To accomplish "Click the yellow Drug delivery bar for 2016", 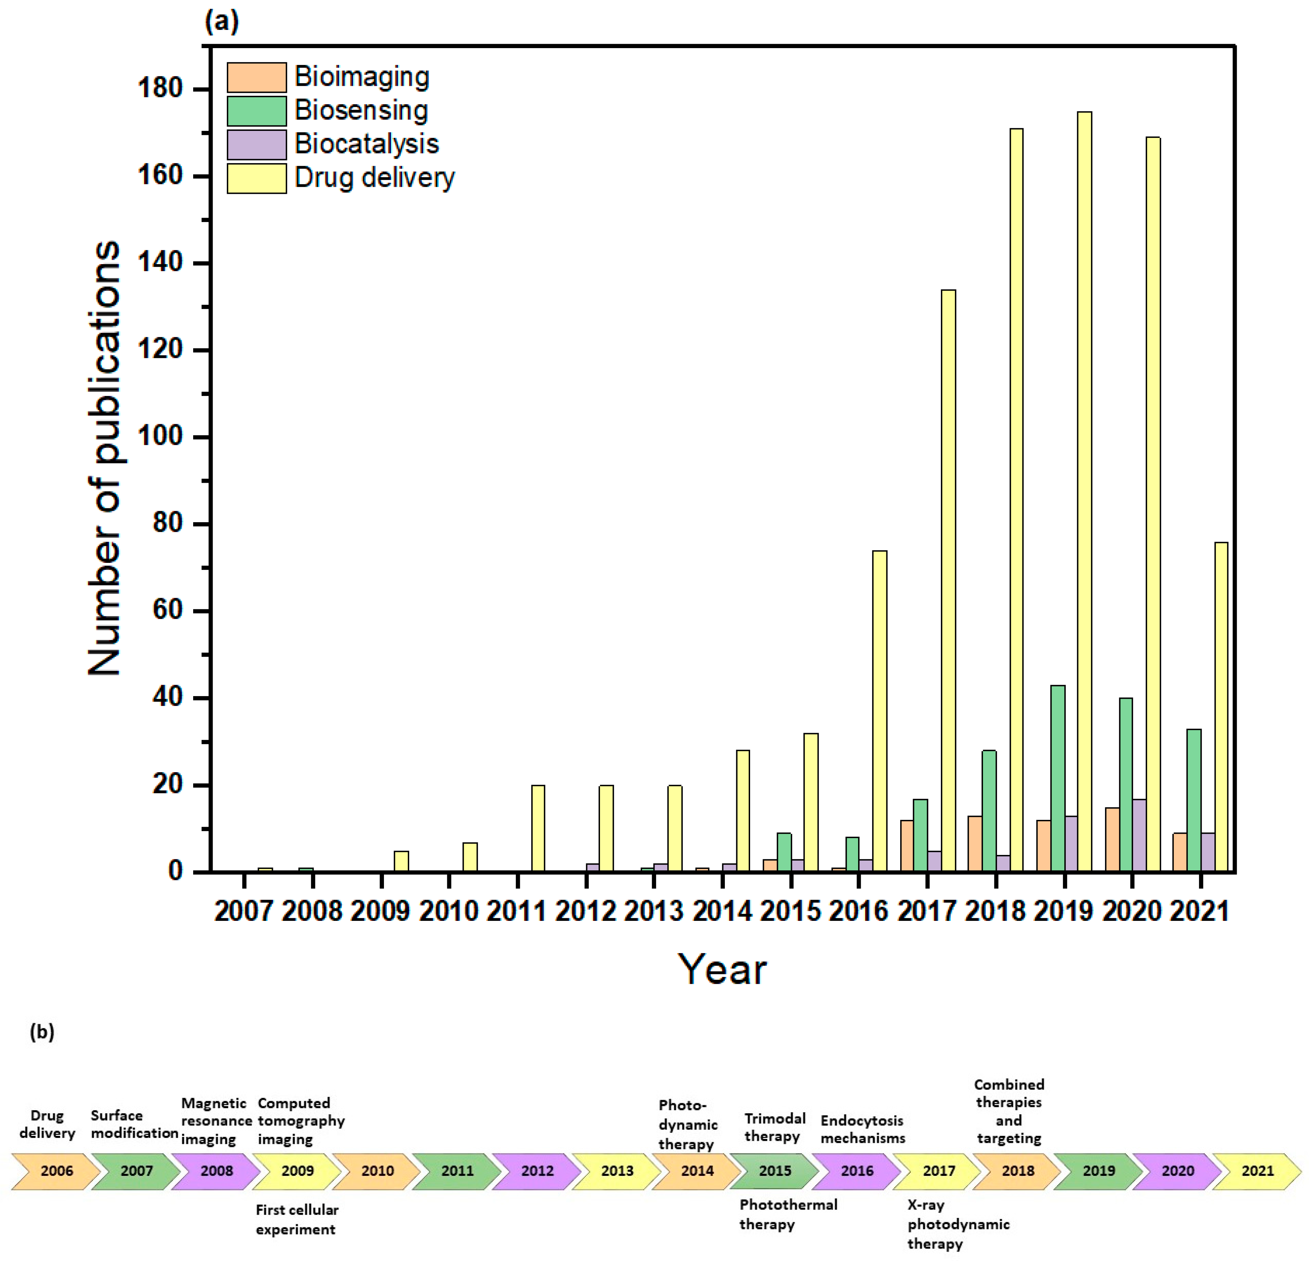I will pos(880,711).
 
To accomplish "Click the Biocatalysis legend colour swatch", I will pos(256,144).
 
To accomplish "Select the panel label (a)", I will pos(221,22).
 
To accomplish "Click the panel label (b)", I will pos(41,1032).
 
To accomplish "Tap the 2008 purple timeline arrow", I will pos(216,1171).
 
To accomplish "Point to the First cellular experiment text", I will pos(296,1220).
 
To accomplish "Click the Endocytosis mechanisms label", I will pos(862,1129).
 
